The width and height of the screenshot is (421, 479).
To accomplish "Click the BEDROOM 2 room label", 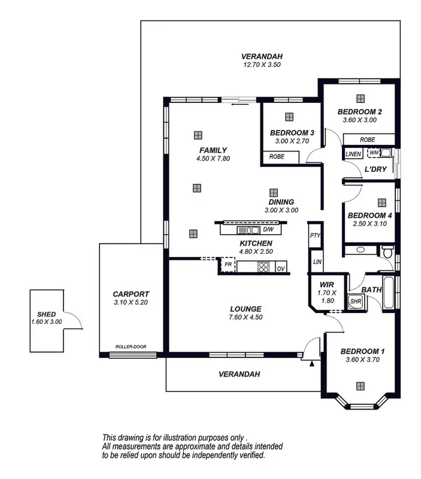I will pyautogui.click(x=359, y=111).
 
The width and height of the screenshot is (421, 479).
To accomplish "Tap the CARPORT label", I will pyautogui.click(x=131, y=294).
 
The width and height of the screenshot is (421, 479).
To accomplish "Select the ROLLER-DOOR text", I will pyautogui.click(x=131, y=347).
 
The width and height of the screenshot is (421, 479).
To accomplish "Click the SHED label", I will pyautogui.click(x=46, y=314).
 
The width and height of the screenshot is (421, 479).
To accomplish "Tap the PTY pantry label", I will pyautogui.click(x=315, y=235).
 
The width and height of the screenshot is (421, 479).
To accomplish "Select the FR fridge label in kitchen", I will pyautogui.click(x=228, y=263).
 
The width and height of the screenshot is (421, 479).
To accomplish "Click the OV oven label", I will pyautogui.click(x=280, y=269).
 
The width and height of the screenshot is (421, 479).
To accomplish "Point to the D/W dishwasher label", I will pyautogui.click(x=268, y=229).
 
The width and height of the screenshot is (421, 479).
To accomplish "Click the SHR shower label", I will pyautogui.click(x=355, y=301).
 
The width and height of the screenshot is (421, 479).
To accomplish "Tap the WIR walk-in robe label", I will pyautogui.click(x=326, y=284).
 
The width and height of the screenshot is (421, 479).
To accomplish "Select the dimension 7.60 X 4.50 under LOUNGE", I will pyautogui.click(x=246, y=317).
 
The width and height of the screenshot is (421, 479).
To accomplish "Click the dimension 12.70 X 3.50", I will pyautogui.click(x=261, y=64).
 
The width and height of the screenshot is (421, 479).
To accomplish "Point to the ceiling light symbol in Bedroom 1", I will pyautogui.click(x=361, y=386).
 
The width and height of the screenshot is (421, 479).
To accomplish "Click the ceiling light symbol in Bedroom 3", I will pyautogui.click(x=289, y=117).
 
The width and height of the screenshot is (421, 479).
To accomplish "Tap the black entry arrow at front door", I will pyautogui.click(x=311, y=362).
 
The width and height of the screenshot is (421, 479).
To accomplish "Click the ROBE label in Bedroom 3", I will pyautogui.click(x=277, y=156).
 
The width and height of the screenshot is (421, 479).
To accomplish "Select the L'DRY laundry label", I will pyautogui.click(x=375, y=169).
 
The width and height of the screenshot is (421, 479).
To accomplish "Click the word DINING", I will pyautogui.click(x=281, y=202).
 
